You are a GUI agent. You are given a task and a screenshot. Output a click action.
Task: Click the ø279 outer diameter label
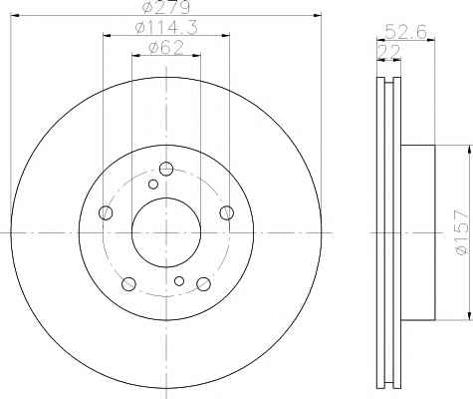click(x=165, y=7)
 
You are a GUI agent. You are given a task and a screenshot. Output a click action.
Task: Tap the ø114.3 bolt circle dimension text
click(x=166, y=27)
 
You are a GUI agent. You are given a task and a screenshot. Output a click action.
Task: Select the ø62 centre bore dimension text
click(x=166, y=48)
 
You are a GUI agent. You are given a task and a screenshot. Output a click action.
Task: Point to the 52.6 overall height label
click(x=405, y=32)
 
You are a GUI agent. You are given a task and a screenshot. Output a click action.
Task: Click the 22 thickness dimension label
click(x=389, y=52)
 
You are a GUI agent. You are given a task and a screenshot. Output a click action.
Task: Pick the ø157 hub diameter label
click(x=463, y=232)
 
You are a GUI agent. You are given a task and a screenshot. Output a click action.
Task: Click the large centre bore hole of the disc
click(x=166, y=232)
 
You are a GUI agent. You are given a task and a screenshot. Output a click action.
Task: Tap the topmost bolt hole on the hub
click(x=166, y=169)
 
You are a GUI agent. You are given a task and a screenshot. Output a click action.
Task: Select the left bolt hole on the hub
click(x=106, y=212)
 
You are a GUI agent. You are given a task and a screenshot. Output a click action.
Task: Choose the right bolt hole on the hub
click(x=227, y=212)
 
